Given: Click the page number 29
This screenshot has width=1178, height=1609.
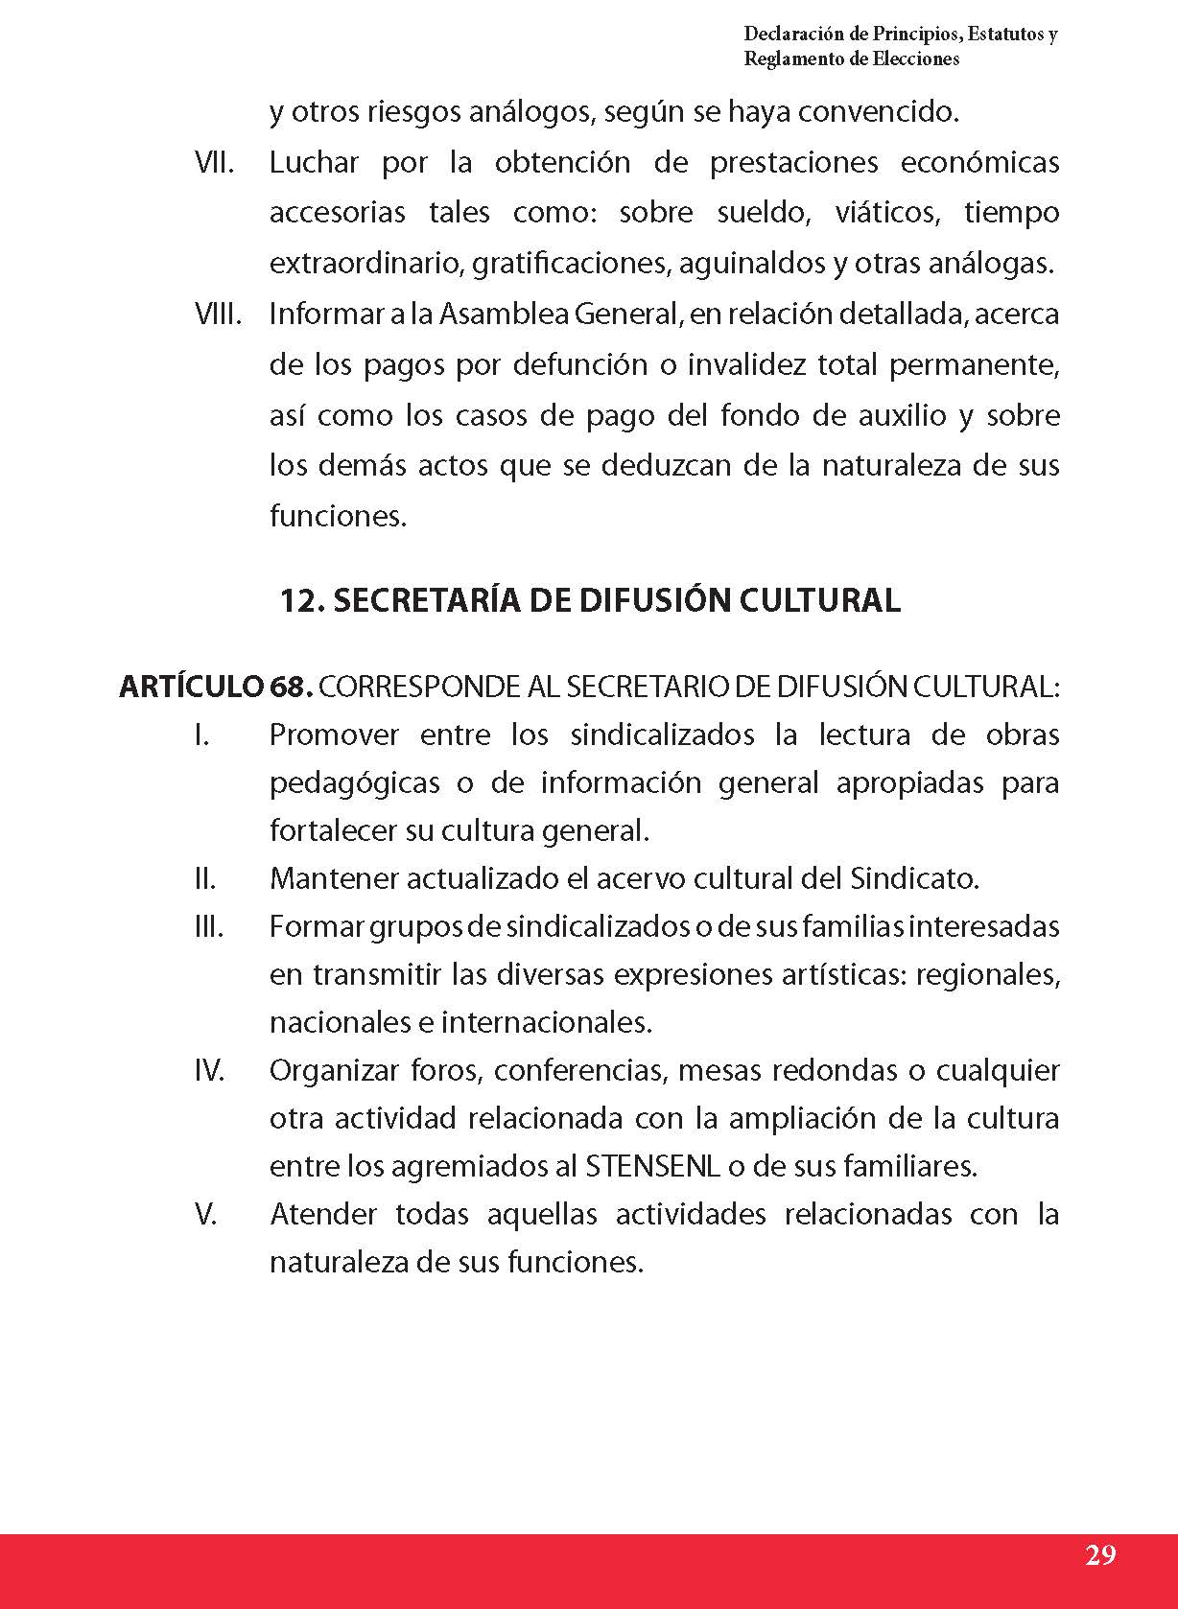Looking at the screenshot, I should click(x=1100, y=1554).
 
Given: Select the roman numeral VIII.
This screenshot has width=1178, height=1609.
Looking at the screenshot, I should click(x=218, y=314).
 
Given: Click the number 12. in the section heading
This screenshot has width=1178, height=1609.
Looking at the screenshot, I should click(x=303, y=600).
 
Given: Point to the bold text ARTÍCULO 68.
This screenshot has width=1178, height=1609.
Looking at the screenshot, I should click(x=216, y=687).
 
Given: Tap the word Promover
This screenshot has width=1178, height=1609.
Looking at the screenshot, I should click(x=334, y=735).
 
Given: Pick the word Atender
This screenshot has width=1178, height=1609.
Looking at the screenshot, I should click(x=323, y=1214).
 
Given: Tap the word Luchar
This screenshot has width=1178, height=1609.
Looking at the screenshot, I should click(x=313, y=162).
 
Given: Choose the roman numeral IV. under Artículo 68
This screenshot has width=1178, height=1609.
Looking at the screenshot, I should click(x=209, y=1070).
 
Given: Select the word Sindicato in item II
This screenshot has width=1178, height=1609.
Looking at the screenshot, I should click(x=913, y=878).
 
